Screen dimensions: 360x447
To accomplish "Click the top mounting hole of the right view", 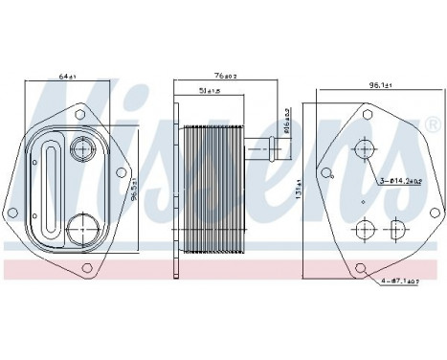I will tap(369, 113).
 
